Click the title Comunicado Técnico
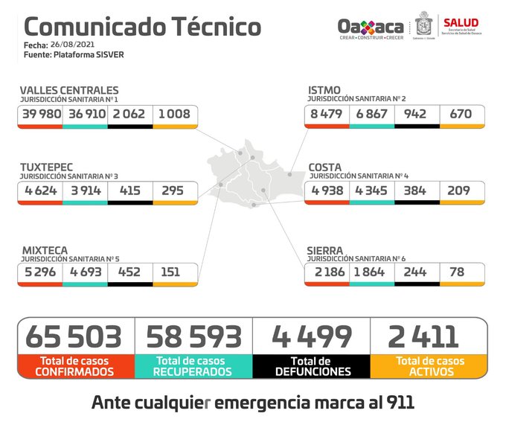[x=143, y=27]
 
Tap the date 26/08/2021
[x=74, y=45]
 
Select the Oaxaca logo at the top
[x=371, y=27]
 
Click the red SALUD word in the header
[x=461, y=22]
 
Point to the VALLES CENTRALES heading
[x=69, y=90]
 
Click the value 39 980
[x=40, y=114]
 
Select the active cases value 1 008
[x=175, y=114]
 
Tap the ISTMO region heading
[x=324, y=90]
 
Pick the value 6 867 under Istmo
[x=371, y=114]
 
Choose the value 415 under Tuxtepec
[x=129, y=190]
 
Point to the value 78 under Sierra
[x=456, y=272]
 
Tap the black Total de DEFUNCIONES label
[x=311, y=365]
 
